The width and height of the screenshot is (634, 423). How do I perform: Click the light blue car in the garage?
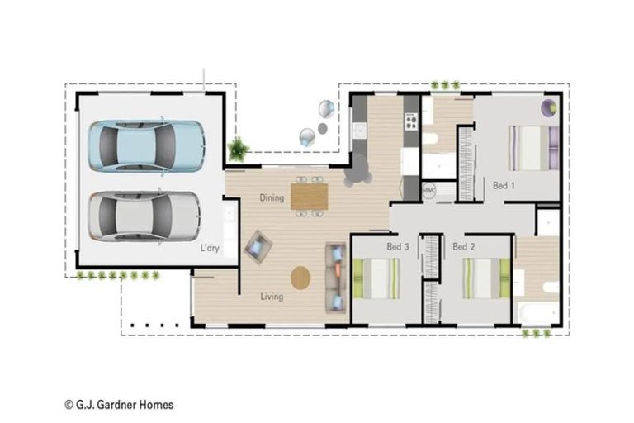coord(146,146)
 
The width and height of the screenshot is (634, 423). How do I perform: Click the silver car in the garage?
coord(144,216)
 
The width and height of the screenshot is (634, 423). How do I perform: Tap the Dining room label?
coord(272,198)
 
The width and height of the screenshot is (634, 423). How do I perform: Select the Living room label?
coord(272,297)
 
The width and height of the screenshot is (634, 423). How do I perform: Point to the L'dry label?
coord(210,248)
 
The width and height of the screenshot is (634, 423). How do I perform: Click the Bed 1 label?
coord(504,186)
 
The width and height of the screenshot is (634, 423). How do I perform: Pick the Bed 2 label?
coord(464,246)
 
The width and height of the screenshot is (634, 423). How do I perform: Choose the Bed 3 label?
coord(398,246)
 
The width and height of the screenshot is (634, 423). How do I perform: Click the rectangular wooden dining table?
coord(310,197)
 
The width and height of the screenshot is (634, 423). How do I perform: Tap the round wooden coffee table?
coord(300,278)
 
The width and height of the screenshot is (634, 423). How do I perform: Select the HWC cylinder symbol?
coord(429,190)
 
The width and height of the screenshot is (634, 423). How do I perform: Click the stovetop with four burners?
coord(411,121)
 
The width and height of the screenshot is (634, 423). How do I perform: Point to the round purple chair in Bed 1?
coord(549,107)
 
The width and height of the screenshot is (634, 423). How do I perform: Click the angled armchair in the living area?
coord(258,247)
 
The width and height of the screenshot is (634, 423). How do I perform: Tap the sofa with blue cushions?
coord(336,278)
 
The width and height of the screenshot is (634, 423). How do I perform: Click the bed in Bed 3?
coord(376,278)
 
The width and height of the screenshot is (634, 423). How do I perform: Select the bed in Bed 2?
coord(486,278)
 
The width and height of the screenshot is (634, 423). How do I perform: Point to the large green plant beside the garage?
coord(238,149)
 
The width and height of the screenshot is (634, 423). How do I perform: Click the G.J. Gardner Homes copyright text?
coord(119,404)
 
